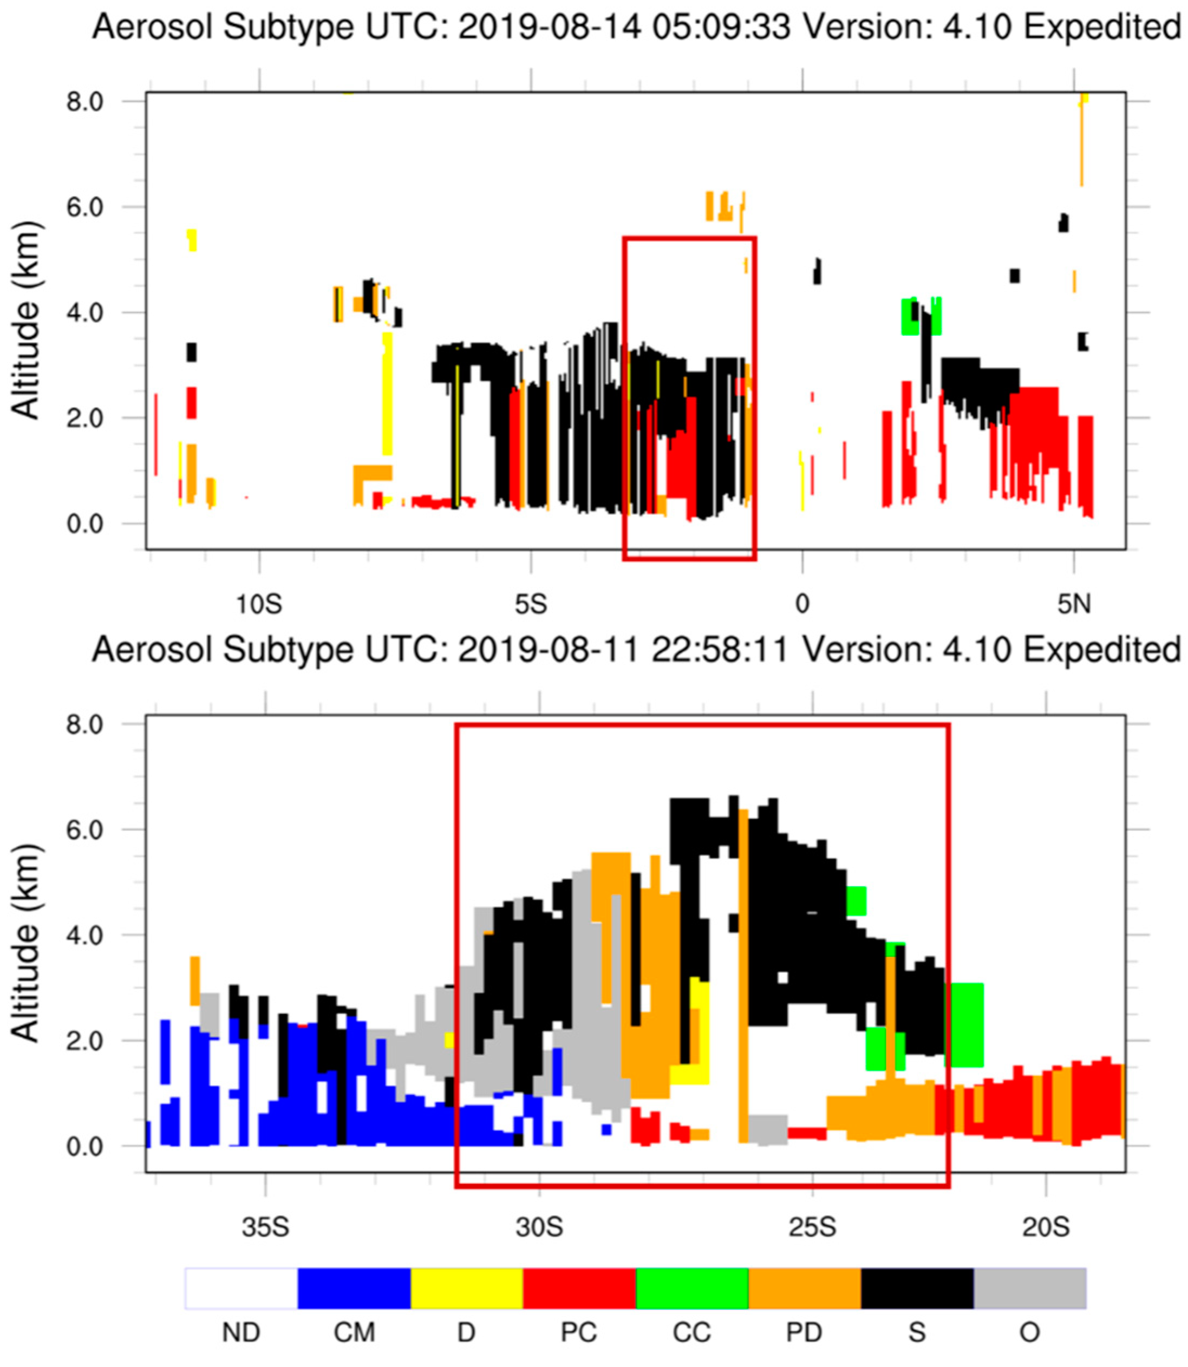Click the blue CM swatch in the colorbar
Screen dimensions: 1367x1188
click(354, 1288)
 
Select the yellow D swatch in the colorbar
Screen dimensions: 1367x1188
click(467, 1288)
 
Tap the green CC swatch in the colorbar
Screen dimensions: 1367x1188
click(692, 1288)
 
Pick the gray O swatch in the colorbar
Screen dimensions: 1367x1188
click(1029, 1288)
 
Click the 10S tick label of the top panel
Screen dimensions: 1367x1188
click(259, 604)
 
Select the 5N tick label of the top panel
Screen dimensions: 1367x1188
click(1073, 604)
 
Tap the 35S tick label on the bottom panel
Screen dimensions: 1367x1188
click(265, 1227)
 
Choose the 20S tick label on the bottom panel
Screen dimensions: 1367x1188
click(1046, 1227)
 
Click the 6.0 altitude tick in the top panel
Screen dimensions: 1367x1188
click(85, 207)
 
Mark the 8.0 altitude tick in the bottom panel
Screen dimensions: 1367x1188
click(85, 724)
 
